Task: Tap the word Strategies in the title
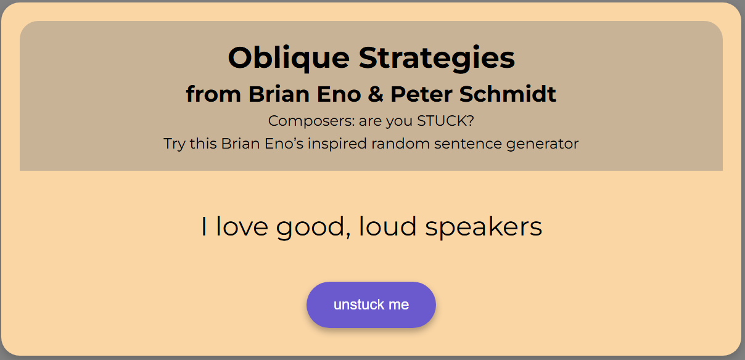pos(437,59)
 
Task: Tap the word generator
pos(542,144)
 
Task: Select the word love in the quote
pos(242,227)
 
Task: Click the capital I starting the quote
pos(204,227)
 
